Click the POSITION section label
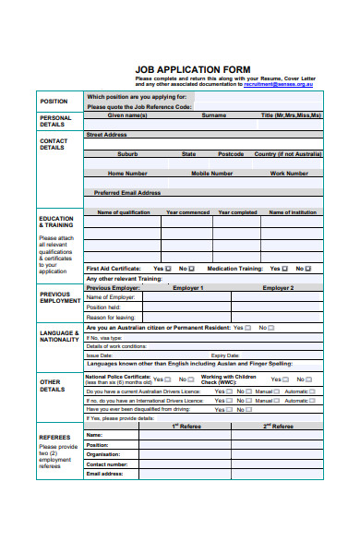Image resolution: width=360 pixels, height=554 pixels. click(54, 102)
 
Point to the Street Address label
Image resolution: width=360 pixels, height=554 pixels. click(106, 135)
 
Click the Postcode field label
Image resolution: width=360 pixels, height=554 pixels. click(231, 154)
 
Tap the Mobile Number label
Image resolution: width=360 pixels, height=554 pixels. click(211, 173)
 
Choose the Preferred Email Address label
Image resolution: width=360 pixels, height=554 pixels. click(127, 193)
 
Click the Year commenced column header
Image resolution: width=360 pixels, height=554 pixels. click(187, 212)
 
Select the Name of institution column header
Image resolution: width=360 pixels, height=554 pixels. click(292, 212)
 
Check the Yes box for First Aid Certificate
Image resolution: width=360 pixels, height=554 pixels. click(168, 269)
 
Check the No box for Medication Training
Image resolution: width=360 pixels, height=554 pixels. click(310, 269)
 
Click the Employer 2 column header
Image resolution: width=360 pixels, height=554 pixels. click(277, 288)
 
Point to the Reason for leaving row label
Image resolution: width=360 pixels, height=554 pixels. click(110, 317)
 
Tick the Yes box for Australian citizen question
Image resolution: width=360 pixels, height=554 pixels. click(250, 328)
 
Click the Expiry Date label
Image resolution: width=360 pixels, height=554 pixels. click(225, 355)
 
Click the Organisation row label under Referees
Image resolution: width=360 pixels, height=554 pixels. click(104, 454)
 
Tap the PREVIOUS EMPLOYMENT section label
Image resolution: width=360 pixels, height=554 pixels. click(60, 297)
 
